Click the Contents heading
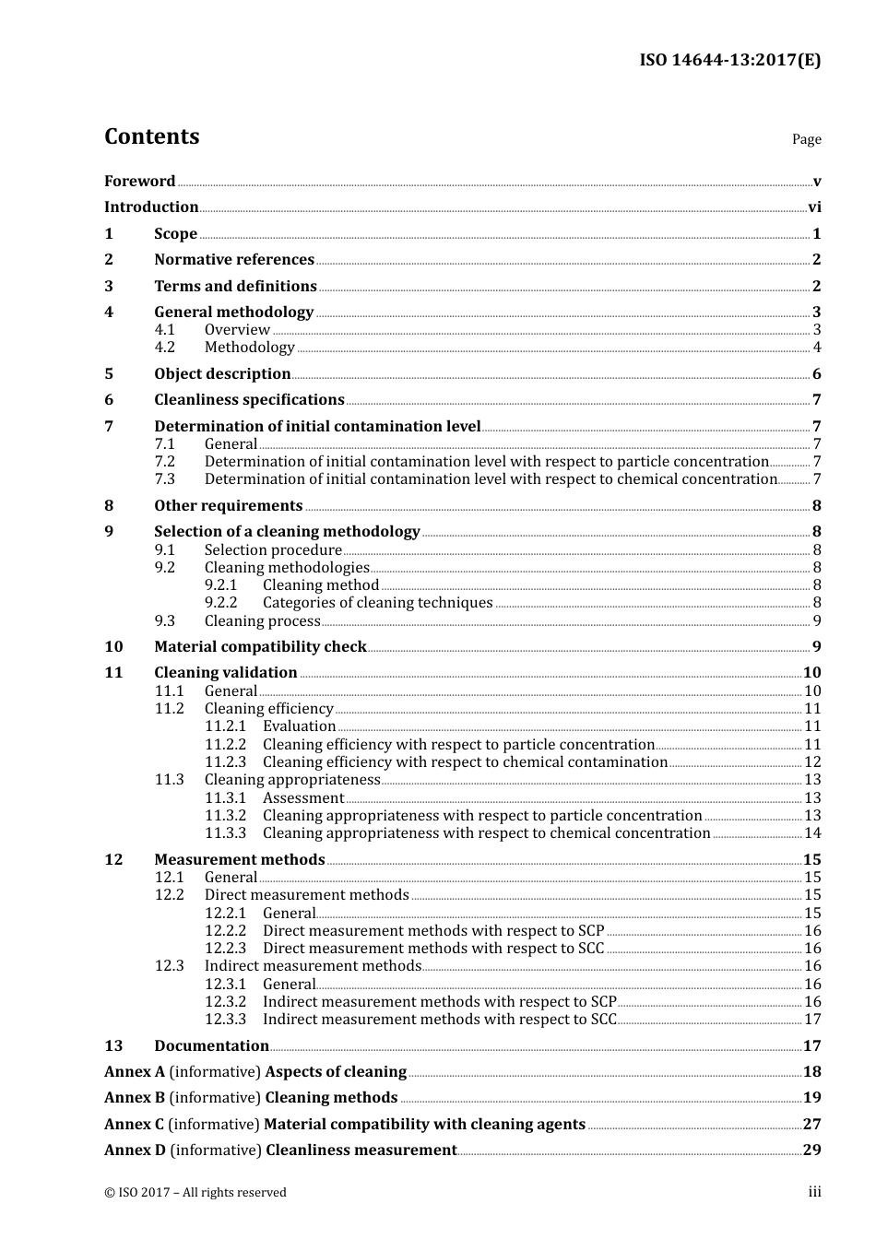(151, 136)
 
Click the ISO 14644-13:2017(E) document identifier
(729, 61)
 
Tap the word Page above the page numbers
(806, 139)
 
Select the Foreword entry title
(139, 182)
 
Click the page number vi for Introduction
(814, 207)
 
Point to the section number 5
(109, 374)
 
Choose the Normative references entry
(234, 260)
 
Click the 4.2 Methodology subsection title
(249, 348)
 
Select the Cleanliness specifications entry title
(249, 400)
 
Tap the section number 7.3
(164, 479)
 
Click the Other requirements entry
(228, 506)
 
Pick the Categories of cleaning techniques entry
(377, 603)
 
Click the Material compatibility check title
(260, 647)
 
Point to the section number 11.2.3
(225, 762)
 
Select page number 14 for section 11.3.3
(812, 833)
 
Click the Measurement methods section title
(239, 860)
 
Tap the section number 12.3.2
(225, 1002)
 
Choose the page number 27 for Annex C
(811, 1125)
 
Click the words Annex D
(135, 1150)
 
